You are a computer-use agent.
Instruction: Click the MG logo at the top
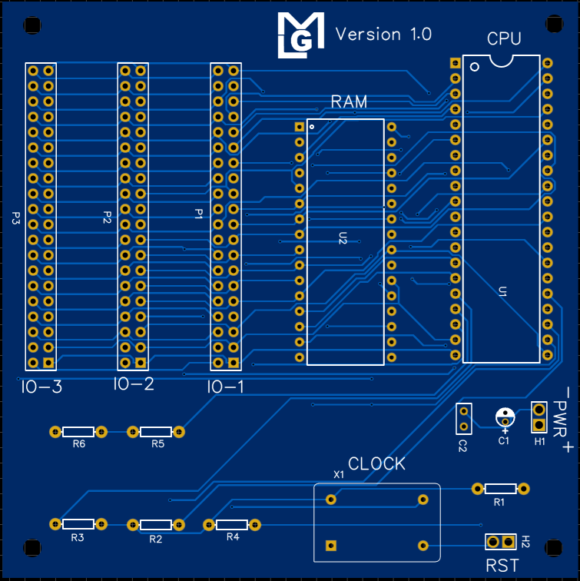pyautogui.click(x=300, y=35)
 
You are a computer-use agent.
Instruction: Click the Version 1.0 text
pyautogui.click(x=383, y=35)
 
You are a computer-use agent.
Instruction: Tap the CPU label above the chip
pyautogui.click(x=504, y=39)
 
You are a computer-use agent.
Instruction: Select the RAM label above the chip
pyautogui.click(x=349, y=101)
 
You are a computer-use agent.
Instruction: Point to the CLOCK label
pyautogui.click(x=376, y=464)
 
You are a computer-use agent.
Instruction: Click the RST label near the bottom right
pyautogui.click(x=502, y=566)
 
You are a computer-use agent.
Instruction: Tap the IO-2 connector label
pyautogui.click(x=134, y=384)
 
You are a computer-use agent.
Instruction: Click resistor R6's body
pyautogui.click(x=78, y=432)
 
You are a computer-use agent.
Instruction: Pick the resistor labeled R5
pyautogui.click(x=155, y=432)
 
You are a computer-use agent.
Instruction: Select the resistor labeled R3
pyautogui.click(x=78, y=524)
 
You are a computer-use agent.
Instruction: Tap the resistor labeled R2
pyautogui.click(x=155, y=525)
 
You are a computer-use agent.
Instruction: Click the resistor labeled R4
pyautogui.click(x=232, y=525)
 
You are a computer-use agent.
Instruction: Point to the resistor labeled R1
pyautogui.click(x=500, y=488)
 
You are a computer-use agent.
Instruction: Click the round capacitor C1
pyautogui.click(x=505, y=418)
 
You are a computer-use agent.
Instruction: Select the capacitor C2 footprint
pyautogui.click(x=463, y=419)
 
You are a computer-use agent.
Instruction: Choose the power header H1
pyautogui.click(x=539, y=417)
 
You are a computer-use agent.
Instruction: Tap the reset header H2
pyautogui.click(x=501, y=542)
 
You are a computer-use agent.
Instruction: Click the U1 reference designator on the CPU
pyautogui.click(x=502, y=291)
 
